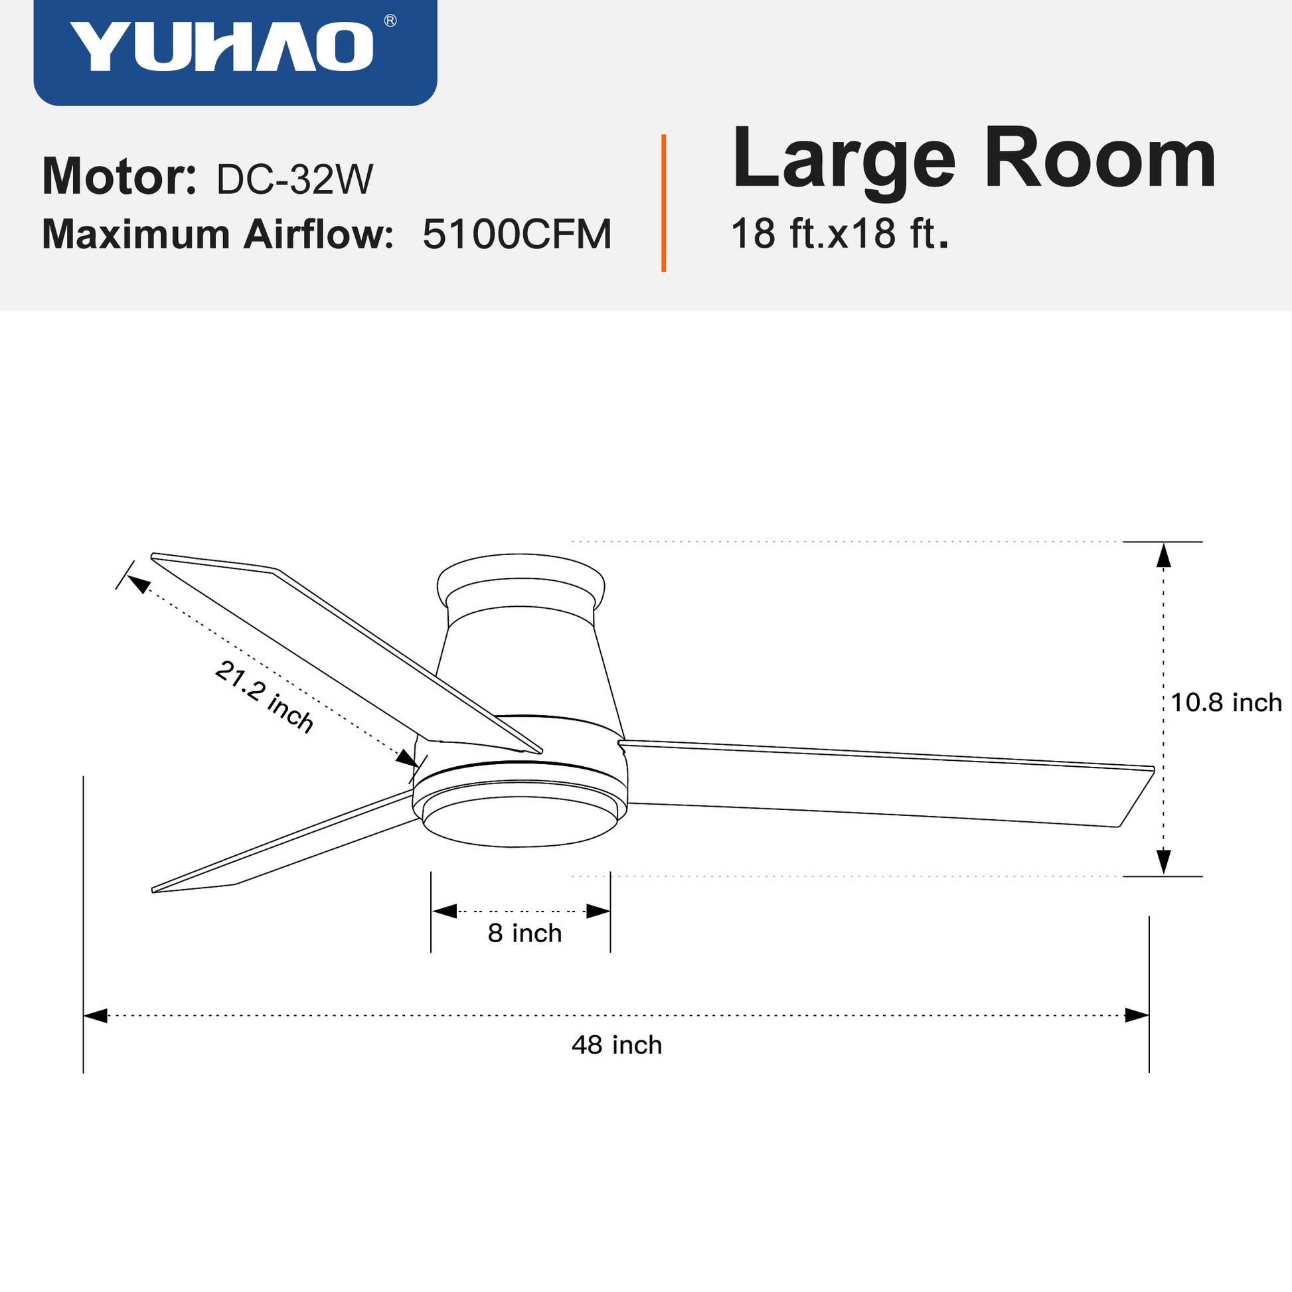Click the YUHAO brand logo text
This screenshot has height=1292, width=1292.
[220, 47]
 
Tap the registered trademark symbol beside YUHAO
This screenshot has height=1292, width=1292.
[390, 21]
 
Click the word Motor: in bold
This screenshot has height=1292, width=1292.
[119, 177]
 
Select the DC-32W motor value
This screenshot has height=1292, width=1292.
[294, 179]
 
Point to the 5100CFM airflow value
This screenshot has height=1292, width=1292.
[517, 235]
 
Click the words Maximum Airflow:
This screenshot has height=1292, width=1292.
[217, 235]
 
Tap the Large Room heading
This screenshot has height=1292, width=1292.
[973, 161]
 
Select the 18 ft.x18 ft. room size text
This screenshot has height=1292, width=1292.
[839, 234]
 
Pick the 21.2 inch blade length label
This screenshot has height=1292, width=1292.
[264, 698]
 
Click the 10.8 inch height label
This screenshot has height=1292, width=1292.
[1226, 703]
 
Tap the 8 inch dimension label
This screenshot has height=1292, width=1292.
[525, 933]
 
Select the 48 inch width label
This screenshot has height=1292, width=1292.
[617, 1045]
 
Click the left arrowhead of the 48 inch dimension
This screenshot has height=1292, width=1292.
[96, 1016]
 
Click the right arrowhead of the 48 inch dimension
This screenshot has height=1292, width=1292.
[1136, 1016]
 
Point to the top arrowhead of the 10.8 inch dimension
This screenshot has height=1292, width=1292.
[1164, 556]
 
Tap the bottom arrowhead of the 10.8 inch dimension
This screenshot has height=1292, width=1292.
[1164, 861]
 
